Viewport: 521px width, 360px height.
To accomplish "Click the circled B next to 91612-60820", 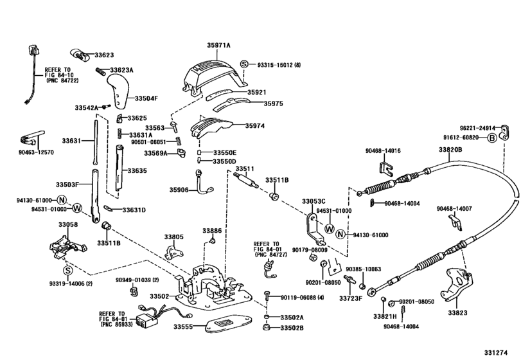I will [x=492, y=138].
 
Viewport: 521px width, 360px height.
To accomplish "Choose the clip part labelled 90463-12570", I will [x=30, y=137].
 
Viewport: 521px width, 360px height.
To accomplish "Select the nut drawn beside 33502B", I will [x=266, y=328].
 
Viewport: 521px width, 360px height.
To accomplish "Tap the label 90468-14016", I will [x=384, y=150].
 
